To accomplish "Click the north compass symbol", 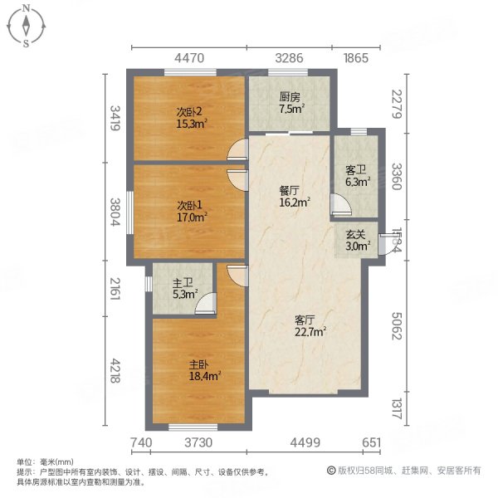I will click(27, 25).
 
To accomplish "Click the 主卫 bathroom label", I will click(183, 287).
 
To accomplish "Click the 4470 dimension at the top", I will click(188, 57).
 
